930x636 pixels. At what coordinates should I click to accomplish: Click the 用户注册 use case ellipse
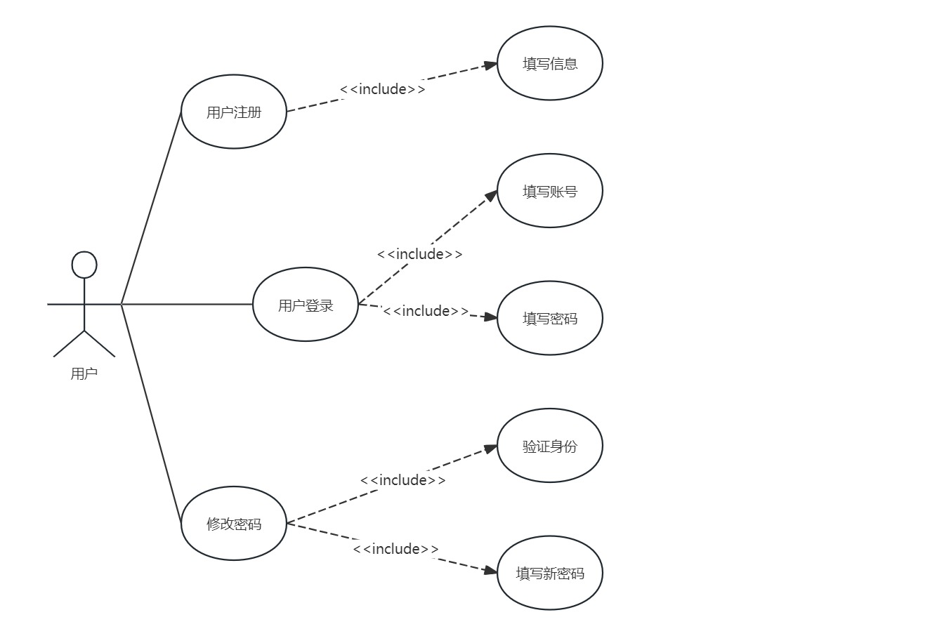(234, 112)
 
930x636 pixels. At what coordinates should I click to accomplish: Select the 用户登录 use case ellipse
(306, 305)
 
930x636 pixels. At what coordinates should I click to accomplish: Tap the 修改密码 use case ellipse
(234, 524)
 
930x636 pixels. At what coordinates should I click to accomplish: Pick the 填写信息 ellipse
(550, 64)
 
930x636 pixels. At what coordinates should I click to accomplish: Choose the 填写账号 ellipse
(550, 191)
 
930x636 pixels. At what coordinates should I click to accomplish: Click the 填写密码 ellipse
(550, 318)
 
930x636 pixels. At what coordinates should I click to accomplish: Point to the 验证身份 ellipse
(550, 446)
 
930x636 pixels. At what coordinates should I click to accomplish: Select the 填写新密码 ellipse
(550, 573)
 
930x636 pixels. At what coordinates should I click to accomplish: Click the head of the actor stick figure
(84, 265)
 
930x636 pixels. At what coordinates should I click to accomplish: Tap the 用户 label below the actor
(84, 373)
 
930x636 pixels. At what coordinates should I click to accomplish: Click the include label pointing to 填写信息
(383, 89)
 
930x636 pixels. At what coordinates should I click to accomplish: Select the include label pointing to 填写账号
(420, 254)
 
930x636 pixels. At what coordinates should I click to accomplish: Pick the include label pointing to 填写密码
(426, 311)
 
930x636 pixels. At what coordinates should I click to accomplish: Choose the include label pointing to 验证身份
(403, 480)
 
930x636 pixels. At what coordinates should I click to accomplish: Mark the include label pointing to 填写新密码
(396, 549)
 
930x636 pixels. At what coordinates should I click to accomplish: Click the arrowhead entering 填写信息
(490, 65)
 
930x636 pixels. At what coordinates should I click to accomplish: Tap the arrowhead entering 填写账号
(490, 197)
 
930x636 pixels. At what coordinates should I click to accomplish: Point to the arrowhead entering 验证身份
(490, 448)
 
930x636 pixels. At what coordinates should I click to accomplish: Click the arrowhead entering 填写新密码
(490, 571)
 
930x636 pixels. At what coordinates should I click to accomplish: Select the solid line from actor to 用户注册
(151, 208)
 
